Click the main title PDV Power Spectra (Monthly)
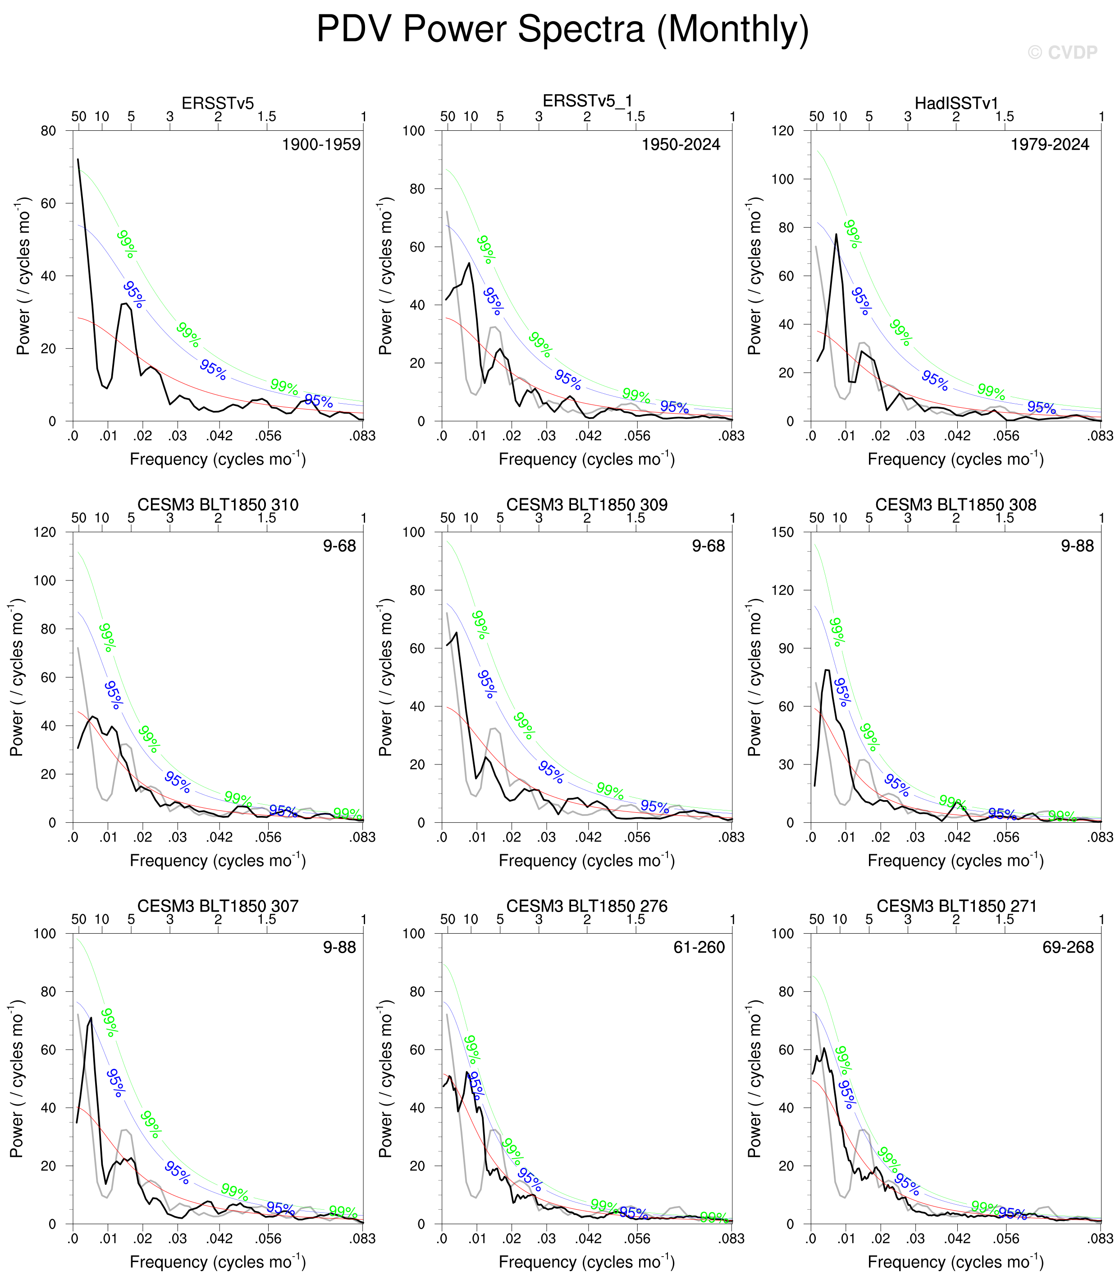tap(562, 29)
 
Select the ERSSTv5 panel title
tap(218, 103)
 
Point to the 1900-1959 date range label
tap(321, 144)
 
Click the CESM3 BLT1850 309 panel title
tap(586, 505)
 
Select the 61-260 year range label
tap(699, 947)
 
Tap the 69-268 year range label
tap(1068, 947)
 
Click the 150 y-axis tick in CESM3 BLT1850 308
tap(783, 532)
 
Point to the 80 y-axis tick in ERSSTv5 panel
tap(48, 131)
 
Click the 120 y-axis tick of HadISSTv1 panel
tap(783, 131)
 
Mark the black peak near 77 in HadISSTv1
tap(836, 235)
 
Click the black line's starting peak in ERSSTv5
tap(78, 160)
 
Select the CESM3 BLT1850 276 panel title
tap(586, 906)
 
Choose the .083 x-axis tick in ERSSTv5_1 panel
tap(731, 436)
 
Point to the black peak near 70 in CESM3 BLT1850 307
tap(91, 1018)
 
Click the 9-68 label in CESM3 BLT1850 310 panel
tap(339, 546)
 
